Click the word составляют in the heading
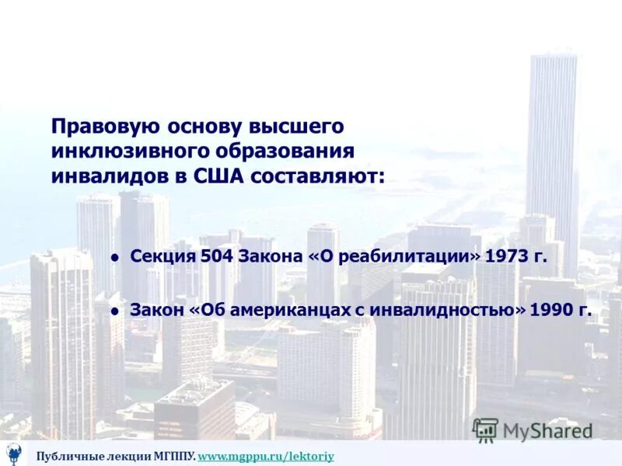(315, 176)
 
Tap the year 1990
(551, 310)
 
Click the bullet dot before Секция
(114, 258)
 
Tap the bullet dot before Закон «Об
(114, 311)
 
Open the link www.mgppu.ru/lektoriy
(266, 456)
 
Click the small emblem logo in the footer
(14, 452)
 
